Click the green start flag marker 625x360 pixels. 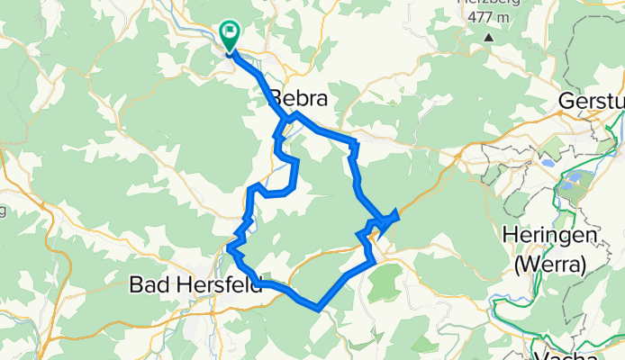tap(230, 34)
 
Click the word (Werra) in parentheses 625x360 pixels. tap(550, 265)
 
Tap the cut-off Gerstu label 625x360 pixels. tap(591, 100)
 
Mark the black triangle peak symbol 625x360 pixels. tap(488, 38)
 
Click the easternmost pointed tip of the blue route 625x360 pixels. tap(398, 213)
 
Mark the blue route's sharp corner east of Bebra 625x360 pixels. tap(357, 143)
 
